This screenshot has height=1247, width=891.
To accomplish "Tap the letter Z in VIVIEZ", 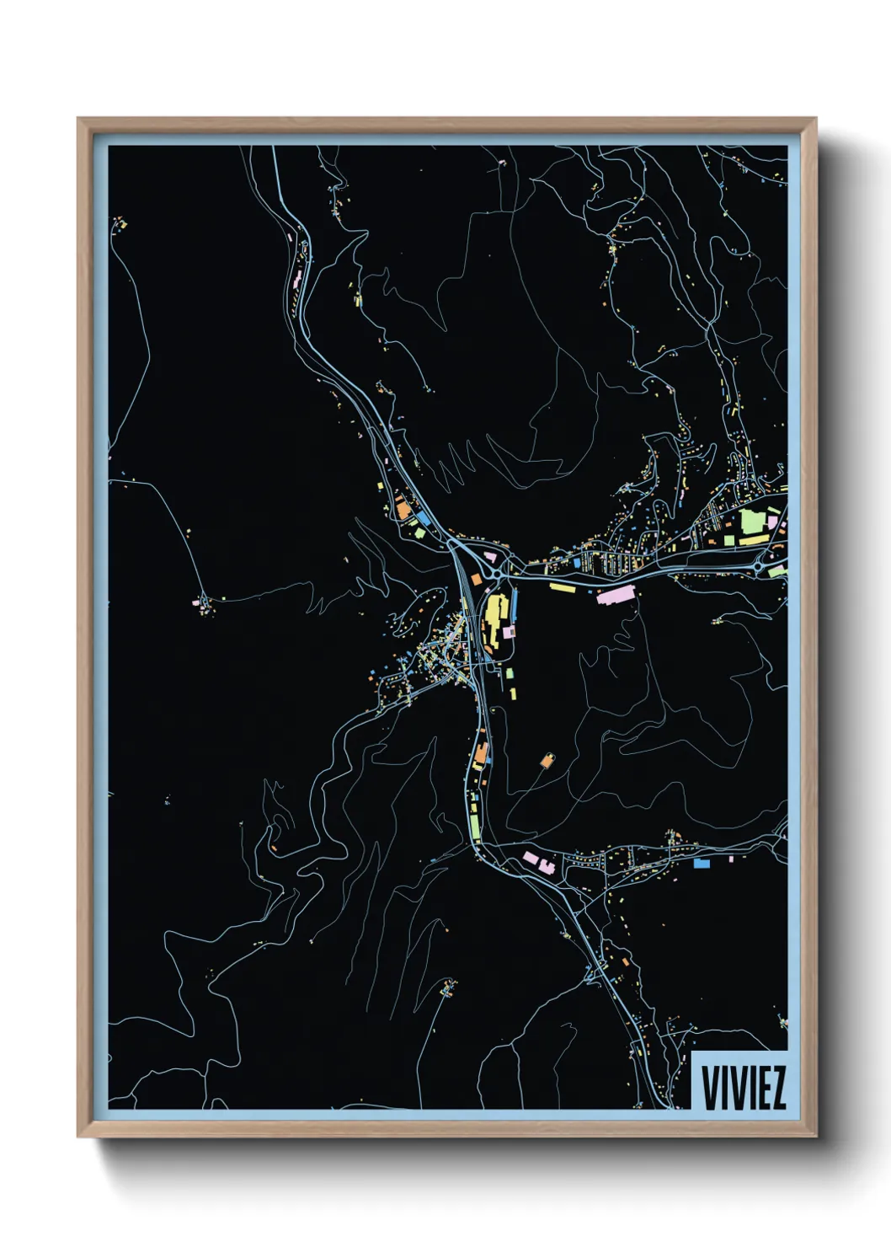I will coord(777,1088).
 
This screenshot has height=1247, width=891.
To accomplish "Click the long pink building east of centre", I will coord(613,596).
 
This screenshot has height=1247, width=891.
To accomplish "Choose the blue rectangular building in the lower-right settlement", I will coord(701,863).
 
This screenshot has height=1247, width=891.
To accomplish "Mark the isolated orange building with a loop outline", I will coord(547,761).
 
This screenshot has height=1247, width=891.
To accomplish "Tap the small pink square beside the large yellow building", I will coord(510,630).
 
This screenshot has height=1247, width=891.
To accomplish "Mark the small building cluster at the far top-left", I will coord(120,224).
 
